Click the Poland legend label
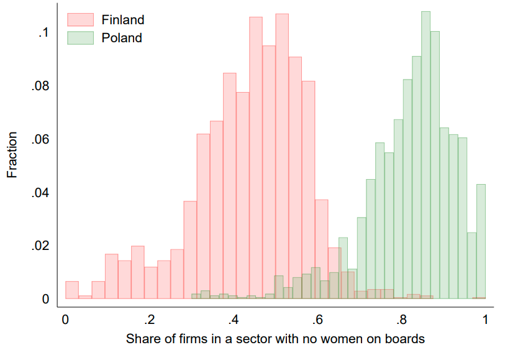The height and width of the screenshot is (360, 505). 121,38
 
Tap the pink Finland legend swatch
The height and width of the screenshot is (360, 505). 80,20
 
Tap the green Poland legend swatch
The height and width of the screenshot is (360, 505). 80,38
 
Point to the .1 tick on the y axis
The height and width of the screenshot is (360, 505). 43,33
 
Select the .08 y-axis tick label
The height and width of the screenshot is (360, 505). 40,86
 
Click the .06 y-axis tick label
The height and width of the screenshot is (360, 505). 40,140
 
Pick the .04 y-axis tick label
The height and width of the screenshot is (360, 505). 40,193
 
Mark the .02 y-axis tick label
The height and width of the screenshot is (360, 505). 40,246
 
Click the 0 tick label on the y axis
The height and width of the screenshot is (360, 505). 45,300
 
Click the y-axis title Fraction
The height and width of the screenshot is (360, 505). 12,154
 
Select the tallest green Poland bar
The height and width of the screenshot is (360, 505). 425,155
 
